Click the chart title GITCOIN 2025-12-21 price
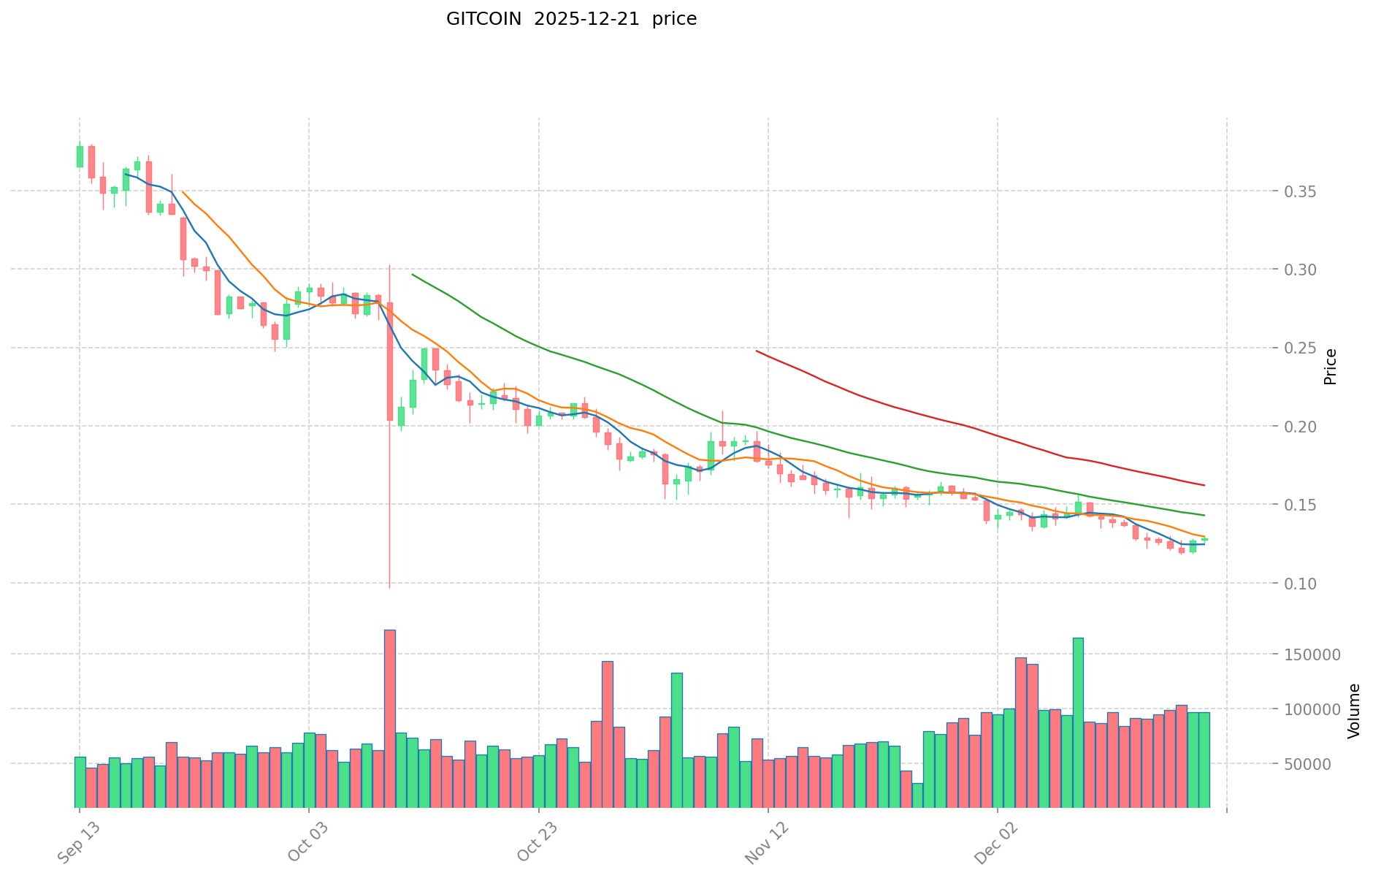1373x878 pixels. (x=571, y=19)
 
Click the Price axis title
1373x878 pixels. (x=1330, y=367)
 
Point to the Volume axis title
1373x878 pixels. (x=1354, y=711)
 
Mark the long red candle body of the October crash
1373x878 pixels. (x=390, y=362)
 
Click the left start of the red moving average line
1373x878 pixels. (x=757, y=351)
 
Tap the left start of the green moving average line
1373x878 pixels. (x=413, y=275)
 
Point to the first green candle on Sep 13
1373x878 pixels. (x=80, y=156)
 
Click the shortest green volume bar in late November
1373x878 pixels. (x=917, y=795)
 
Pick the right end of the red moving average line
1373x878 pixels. (x=1204, y=485)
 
